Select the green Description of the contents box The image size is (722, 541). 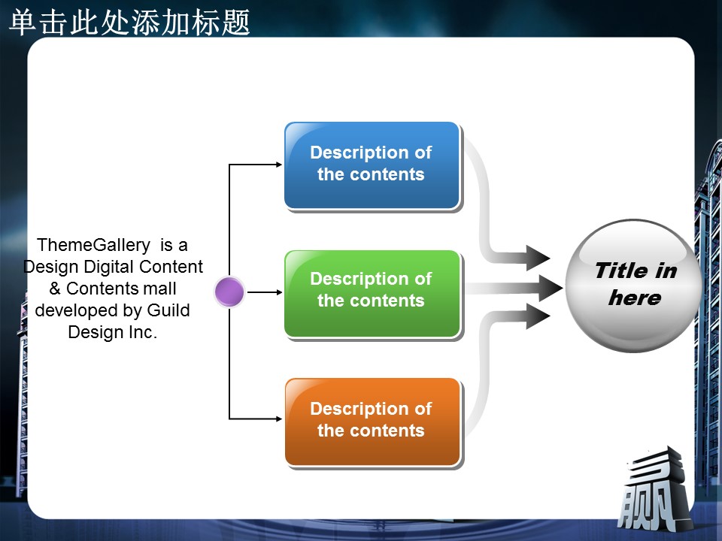372,294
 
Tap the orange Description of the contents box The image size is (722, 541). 372,422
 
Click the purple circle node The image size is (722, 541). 229,292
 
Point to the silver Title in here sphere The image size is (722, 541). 633,286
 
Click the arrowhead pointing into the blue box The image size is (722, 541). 278,165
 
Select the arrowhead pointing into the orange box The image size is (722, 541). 278,419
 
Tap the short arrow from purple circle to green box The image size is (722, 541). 265,292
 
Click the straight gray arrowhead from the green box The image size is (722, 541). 551,289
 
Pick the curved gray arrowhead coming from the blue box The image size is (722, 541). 538,258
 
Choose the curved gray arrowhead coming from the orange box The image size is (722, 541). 538,316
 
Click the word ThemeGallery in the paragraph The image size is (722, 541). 93,245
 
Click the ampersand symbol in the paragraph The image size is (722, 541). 55,289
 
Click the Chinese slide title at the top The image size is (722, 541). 129,22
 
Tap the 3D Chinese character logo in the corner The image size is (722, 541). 654,490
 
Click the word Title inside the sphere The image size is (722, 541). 620,270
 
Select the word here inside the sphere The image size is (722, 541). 635,298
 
